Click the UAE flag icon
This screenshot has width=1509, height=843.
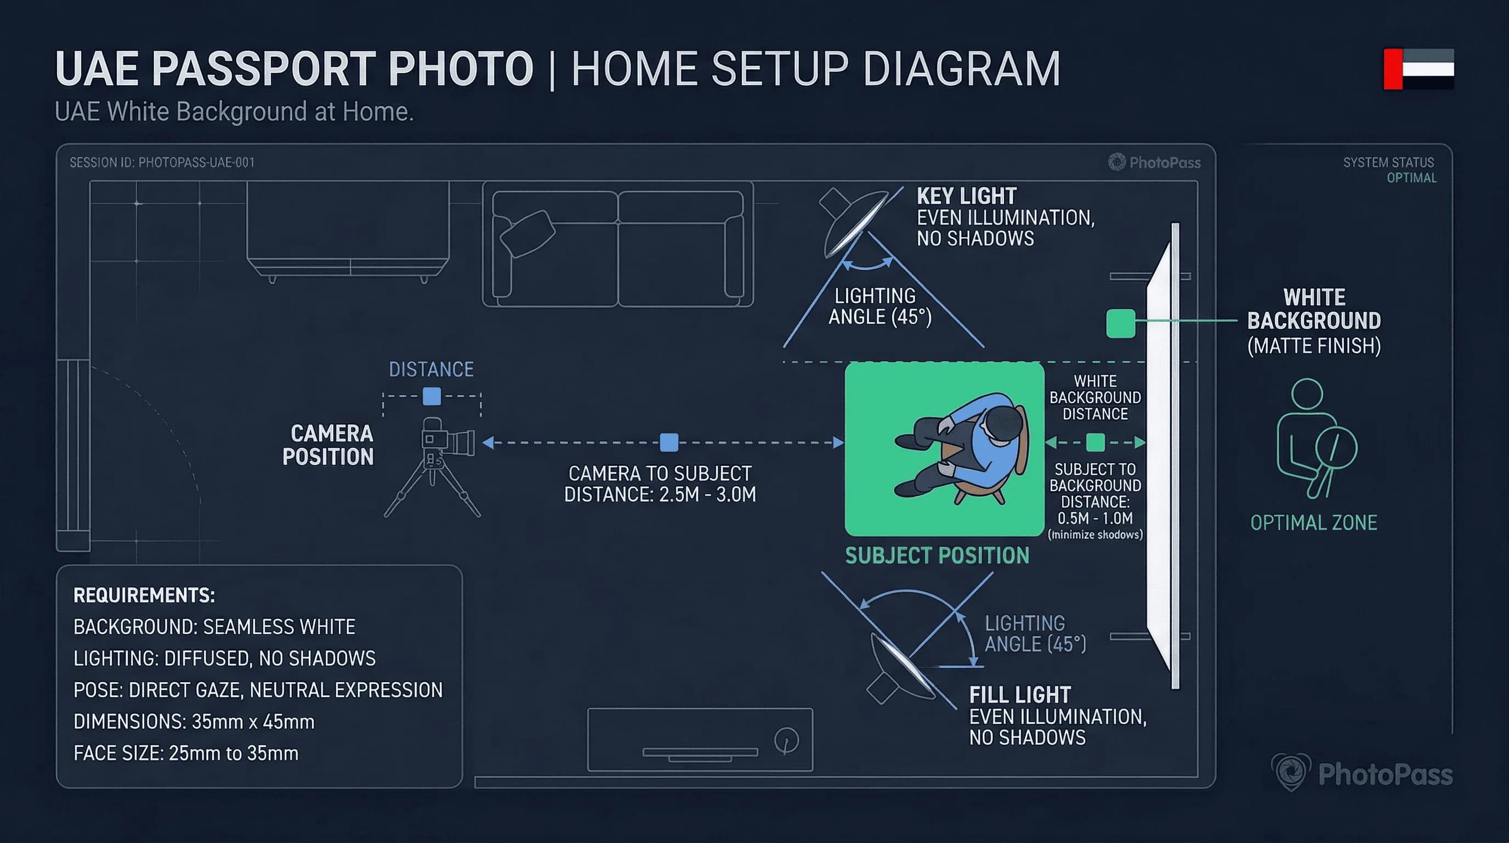1417,69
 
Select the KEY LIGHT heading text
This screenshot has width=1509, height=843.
966,196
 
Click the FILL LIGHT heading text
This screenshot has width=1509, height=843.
1019,695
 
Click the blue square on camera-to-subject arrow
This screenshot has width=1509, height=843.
669,442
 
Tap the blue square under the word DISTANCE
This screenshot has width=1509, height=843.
432,397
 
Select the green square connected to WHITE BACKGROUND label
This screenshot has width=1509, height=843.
1120,324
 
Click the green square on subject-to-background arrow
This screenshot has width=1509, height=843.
1095,442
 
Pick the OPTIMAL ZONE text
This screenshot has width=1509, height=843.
1313,523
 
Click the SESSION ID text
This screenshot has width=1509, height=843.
162,162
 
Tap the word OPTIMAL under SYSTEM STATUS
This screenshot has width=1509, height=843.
1411,178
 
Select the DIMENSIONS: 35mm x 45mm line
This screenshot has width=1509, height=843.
194,722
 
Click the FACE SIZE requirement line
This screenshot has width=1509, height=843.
186,754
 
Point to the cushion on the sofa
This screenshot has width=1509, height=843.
527,233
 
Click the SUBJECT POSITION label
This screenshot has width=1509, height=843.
937,556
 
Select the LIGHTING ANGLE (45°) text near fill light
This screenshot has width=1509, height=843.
1035,634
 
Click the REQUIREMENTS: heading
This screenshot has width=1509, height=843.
144,595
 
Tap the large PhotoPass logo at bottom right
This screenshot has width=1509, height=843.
1362,774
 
